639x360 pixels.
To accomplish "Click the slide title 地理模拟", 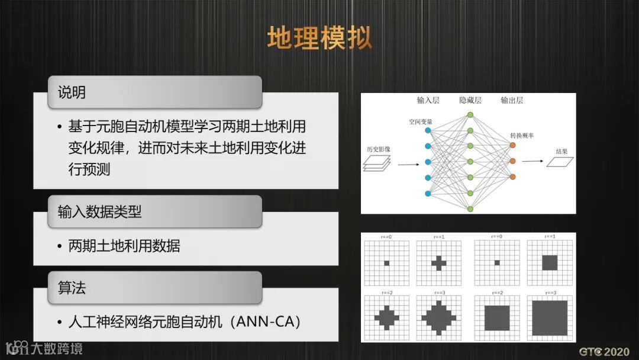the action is [319, 38].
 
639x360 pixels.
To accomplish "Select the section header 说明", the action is [72, 92].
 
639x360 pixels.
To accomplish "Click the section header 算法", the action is [72, 288].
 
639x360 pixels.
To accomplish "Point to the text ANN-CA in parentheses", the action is [269, 322].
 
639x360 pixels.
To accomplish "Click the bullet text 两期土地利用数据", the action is [124, 246].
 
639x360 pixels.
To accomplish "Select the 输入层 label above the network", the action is [428, 101].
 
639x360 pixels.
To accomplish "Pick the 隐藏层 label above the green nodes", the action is [470, 101].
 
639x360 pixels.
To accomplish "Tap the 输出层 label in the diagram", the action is [512, 101].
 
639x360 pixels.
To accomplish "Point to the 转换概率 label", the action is [522, 136].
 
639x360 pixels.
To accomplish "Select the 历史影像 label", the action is [378, 147].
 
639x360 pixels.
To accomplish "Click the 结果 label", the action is [561, 152].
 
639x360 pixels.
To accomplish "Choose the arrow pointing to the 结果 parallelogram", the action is [533, 160].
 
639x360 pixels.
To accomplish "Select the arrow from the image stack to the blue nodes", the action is [408, 165].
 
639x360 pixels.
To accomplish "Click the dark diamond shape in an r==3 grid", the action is [438, 315].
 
